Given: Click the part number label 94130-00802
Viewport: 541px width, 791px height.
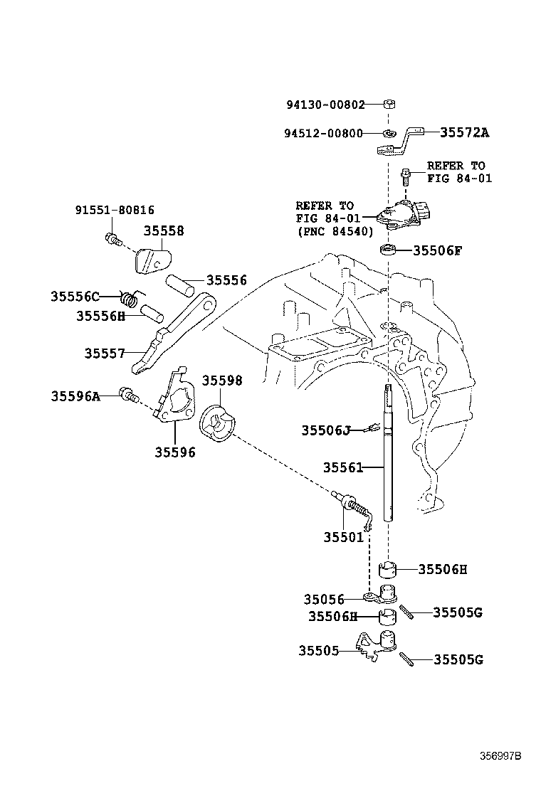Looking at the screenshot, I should [x=325, y=105].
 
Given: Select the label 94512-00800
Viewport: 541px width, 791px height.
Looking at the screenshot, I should [x=323, y=133].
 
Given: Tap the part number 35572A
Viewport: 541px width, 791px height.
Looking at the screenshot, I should [x=464, y=132].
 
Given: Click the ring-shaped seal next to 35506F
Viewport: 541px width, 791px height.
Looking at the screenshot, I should [x=388, y=250].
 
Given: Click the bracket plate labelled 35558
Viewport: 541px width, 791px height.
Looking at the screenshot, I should [x=154, y=260].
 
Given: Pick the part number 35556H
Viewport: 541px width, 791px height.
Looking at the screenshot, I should [x=100, y=315].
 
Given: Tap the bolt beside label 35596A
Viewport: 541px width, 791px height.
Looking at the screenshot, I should [x=128, y=394].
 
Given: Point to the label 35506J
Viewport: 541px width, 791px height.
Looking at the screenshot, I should [x=326, y=430].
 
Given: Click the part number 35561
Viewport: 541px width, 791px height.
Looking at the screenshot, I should [x=343, y=467].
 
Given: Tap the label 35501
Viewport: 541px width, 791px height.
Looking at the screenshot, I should [x=343, y=538].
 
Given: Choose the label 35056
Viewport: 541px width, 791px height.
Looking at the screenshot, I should [x=324, y=600].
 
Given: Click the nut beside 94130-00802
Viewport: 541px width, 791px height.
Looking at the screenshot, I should [x=389, y=105].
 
